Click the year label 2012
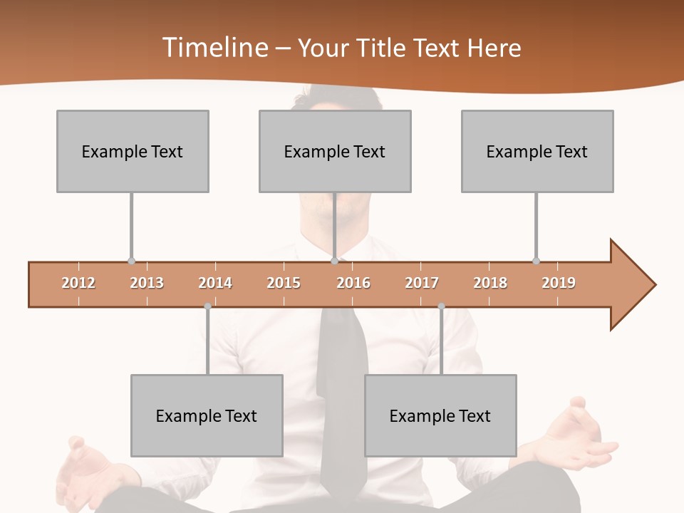click(78, 283)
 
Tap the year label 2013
click(147, 283)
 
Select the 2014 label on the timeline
click(215, 283)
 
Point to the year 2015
click(284, 283)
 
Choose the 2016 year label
click(353, 283)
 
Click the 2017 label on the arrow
click(422, 283)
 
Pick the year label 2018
click(490, 283)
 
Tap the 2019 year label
click(559, 283)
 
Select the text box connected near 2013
click(133, 151)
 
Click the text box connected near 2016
click(335, 151)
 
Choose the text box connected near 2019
click(537, 151)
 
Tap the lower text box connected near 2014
click(207, 415)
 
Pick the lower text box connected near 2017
click(440, 415)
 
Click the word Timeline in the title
click(214, 48)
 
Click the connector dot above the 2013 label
click(131, 261)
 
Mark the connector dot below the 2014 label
click(207, 306)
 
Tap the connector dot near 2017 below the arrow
click(441, 306)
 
